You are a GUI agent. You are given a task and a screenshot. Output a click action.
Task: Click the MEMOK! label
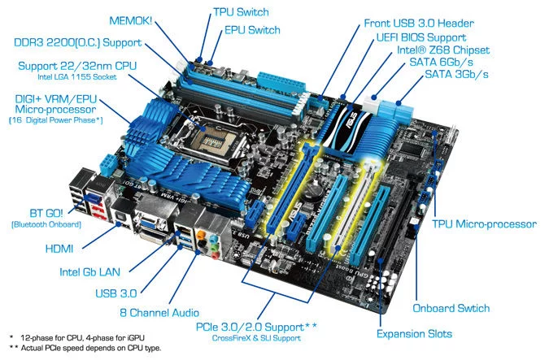(x=131, y=20)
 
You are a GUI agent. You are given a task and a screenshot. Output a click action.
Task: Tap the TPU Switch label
(x=241, y=12)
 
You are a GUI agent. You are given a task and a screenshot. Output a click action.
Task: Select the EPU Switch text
(x=252, y=30)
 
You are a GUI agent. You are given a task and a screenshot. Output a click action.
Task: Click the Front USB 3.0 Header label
(x=419, y=24)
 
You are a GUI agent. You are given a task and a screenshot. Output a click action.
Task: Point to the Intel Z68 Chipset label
(x=443, y=50)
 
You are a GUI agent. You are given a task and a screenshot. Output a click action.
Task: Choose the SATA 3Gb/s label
(x=456, y=74)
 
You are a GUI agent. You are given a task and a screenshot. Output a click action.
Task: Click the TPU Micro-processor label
(x=484, y=224)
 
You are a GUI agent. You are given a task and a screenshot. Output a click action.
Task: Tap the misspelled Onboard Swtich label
(x=451, y=308)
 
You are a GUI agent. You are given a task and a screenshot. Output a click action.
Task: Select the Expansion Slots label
(x=414, y=334)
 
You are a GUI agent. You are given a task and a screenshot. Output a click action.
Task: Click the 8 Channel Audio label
(x=159, y=312)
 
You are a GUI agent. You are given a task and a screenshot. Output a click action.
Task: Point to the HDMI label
(x=59, y=249)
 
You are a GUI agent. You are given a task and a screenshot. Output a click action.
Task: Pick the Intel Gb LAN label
(x=89, y=272)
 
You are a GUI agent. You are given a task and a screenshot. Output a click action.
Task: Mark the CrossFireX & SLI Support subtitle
(x=256, y=338)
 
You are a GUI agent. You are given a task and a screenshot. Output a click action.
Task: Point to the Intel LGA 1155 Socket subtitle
(x=77, y=77)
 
